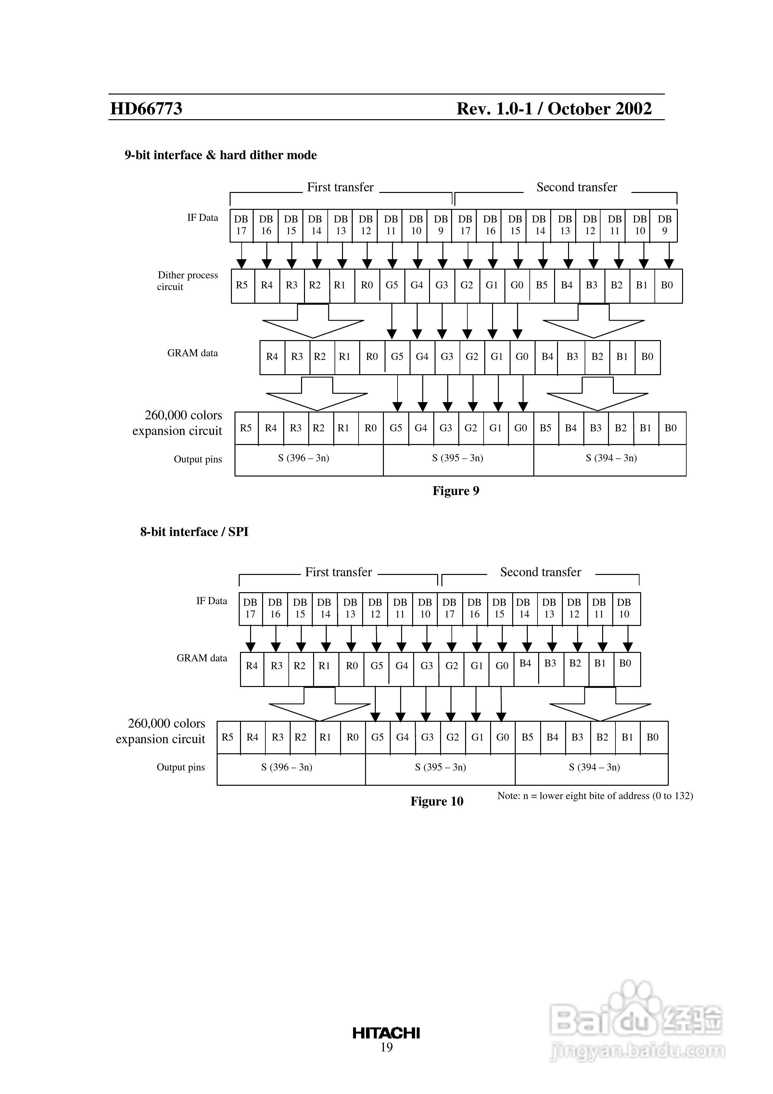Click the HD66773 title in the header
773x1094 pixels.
[x=146, y=108]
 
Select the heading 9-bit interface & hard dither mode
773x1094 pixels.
[x=221, y=155]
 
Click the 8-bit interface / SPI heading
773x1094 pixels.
[x=195, y=532]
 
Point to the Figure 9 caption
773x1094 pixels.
[x=456, y=491]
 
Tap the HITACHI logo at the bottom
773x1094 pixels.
[x=386, y=1033]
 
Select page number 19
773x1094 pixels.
[x=386, y=1047]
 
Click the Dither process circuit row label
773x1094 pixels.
[x=187, y=281]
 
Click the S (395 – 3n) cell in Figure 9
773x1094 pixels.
[x=458, y=458]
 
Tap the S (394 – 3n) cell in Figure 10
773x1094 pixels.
[x=594, y=767]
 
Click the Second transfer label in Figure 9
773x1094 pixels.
[x=577, y=187]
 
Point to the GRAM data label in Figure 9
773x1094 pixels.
[x=193, y=353]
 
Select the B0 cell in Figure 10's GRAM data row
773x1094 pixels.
[x=625, y=663]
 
